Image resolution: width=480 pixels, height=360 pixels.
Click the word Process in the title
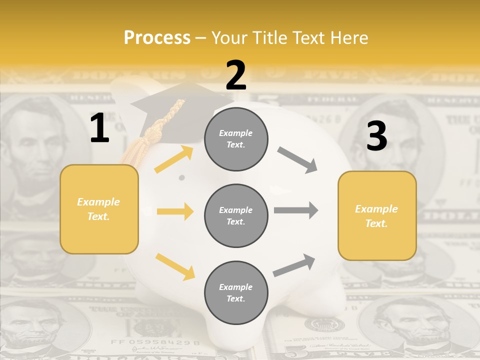pos(157,37)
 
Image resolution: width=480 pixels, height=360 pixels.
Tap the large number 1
pos(99,128)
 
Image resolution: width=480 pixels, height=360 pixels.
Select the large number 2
pos(236,75)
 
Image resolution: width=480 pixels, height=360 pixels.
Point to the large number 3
pos(376,136)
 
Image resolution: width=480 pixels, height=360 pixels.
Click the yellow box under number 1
pos(99,209)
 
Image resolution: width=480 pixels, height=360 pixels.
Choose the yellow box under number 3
pos(377,215)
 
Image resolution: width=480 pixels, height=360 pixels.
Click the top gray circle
pos(236,139)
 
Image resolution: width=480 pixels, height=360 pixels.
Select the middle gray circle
pos(236,215)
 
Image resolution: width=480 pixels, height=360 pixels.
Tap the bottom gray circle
pos(236,292)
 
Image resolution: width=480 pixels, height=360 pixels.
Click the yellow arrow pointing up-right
pos(174,159)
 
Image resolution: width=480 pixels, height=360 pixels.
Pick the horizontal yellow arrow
pos(175,211)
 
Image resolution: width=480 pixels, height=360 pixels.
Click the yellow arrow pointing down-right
pos(175,266)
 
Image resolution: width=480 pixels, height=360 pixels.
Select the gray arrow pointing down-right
pos(297,160)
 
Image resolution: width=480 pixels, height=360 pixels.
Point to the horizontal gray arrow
pos(296,210)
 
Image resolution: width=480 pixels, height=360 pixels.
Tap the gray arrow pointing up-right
pos(294,265)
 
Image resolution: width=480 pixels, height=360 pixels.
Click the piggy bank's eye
pos(182,177)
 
